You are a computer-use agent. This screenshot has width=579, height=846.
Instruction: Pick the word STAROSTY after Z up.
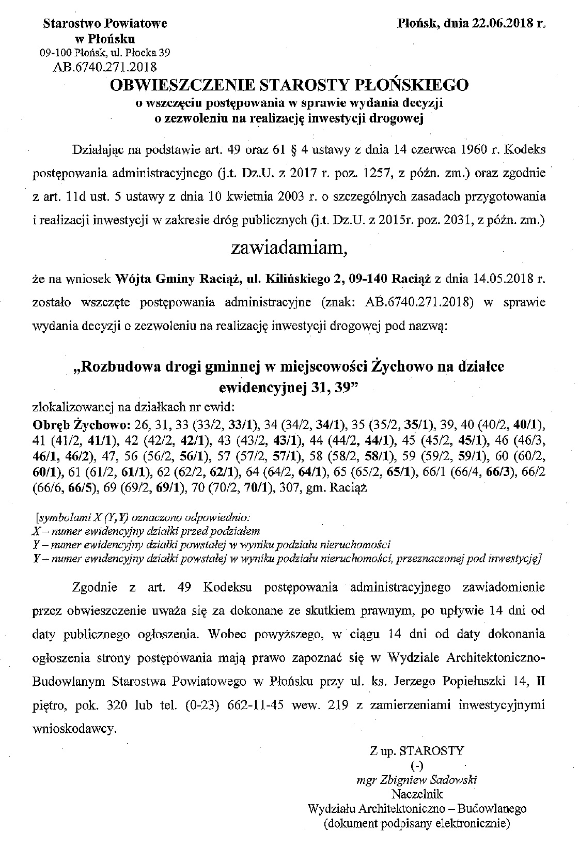436,750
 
